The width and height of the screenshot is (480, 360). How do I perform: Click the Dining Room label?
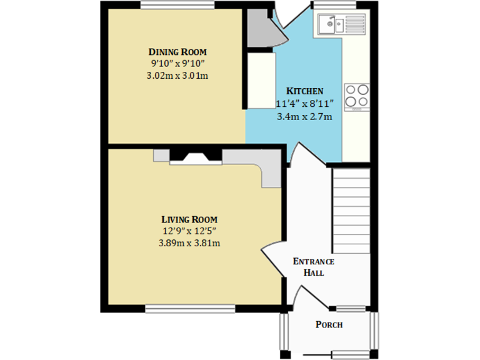click(177, 51)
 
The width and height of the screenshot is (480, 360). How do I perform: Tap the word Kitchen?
click(304, 91)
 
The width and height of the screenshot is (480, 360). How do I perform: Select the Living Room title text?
click(189, 219)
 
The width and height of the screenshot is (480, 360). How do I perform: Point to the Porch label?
click(329, 324)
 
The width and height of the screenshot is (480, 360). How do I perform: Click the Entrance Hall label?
click(313, 267)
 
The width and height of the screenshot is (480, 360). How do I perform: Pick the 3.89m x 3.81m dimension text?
click(189, 243)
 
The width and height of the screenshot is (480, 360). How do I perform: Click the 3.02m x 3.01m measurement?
click(177, 76)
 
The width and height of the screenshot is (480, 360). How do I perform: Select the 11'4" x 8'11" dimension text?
click(304, 104)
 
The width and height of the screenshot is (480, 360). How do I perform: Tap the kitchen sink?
click(330, 25)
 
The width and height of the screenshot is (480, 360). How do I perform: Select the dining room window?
click(177, 6)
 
